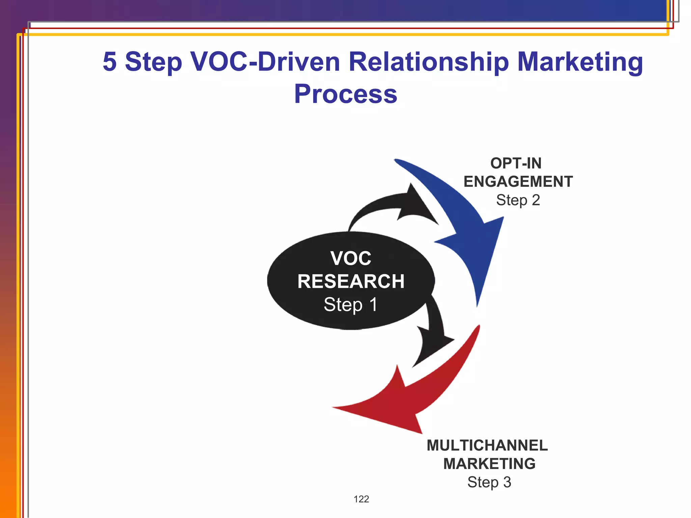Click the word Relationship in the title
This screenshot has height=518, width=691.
429,62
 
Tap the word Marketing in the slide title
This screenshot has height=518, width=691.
580,62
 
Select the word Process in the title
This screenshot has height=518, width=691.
345,94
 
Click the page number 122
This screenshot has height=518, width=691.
361,499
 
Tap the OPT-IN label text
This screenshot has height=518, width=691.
516,164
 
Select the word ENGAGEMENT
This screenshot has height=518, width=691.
518,182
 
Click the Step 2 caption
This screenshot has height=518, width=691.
518,200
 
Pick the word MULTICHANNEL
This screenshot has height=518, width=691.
487,445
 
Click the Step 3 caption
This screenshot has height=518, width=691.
489,482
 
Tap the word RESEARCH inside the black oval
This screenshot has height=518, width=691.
351,282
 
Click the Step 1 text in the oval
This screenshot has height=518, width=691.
351,305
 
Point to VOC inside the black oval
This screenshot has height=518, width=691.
351,258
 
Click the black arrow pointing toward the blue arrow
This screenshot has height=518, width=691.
395,206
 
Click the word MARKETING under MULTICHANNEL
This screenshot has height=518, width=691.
489,464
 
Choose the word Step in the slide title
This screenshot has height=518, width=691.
154,62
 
